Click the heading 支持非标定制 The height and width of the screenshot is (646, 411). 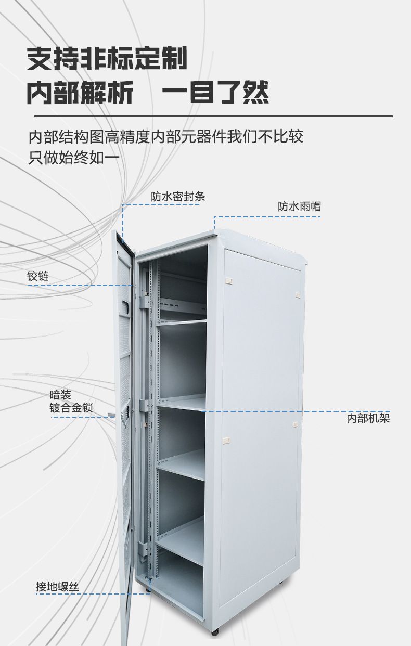tap(107, 59)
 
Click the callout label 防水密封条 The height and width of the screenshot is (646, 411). tap(178, 197)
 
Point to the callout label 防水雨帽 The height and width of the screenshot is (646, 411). tap(299, 206)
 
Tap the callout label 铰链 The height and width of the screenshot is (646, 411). tap(38, 276)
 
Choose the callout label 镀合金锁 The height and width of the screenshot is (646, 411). tap(71, 408)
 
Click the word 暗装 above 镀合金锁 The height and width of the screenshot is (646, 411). tap(60, 395)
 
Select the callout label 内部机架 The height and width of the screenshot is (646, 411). tap(368, 418)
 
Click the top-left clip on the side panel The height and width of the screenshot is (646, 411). tap(228, 281)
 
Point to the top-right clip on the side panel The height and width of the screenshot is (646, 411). tap(298, 294)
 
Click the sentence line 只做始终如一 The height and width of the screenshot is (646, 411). tap(74, 157)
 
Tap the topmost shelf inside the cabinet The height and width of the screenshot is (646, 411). tap(182, 323)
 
